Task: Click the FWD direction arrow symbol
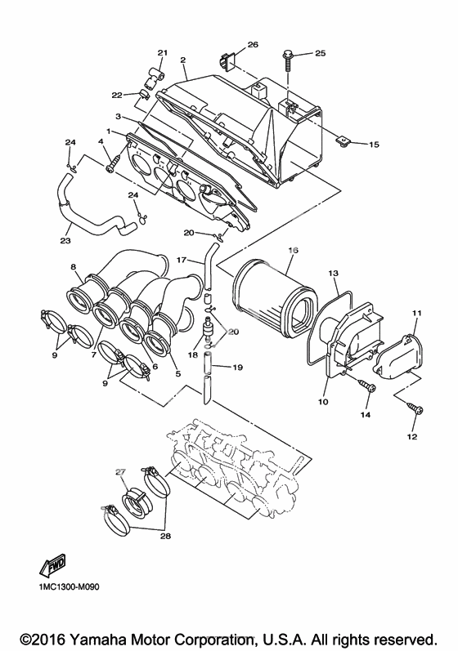pos(52,565)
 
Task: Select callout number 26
pos(253,44)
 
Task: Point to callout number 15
pos(374,145)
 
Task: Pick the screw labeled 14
pos(368,386)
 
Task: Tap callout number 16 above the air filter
pos(293,250)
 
